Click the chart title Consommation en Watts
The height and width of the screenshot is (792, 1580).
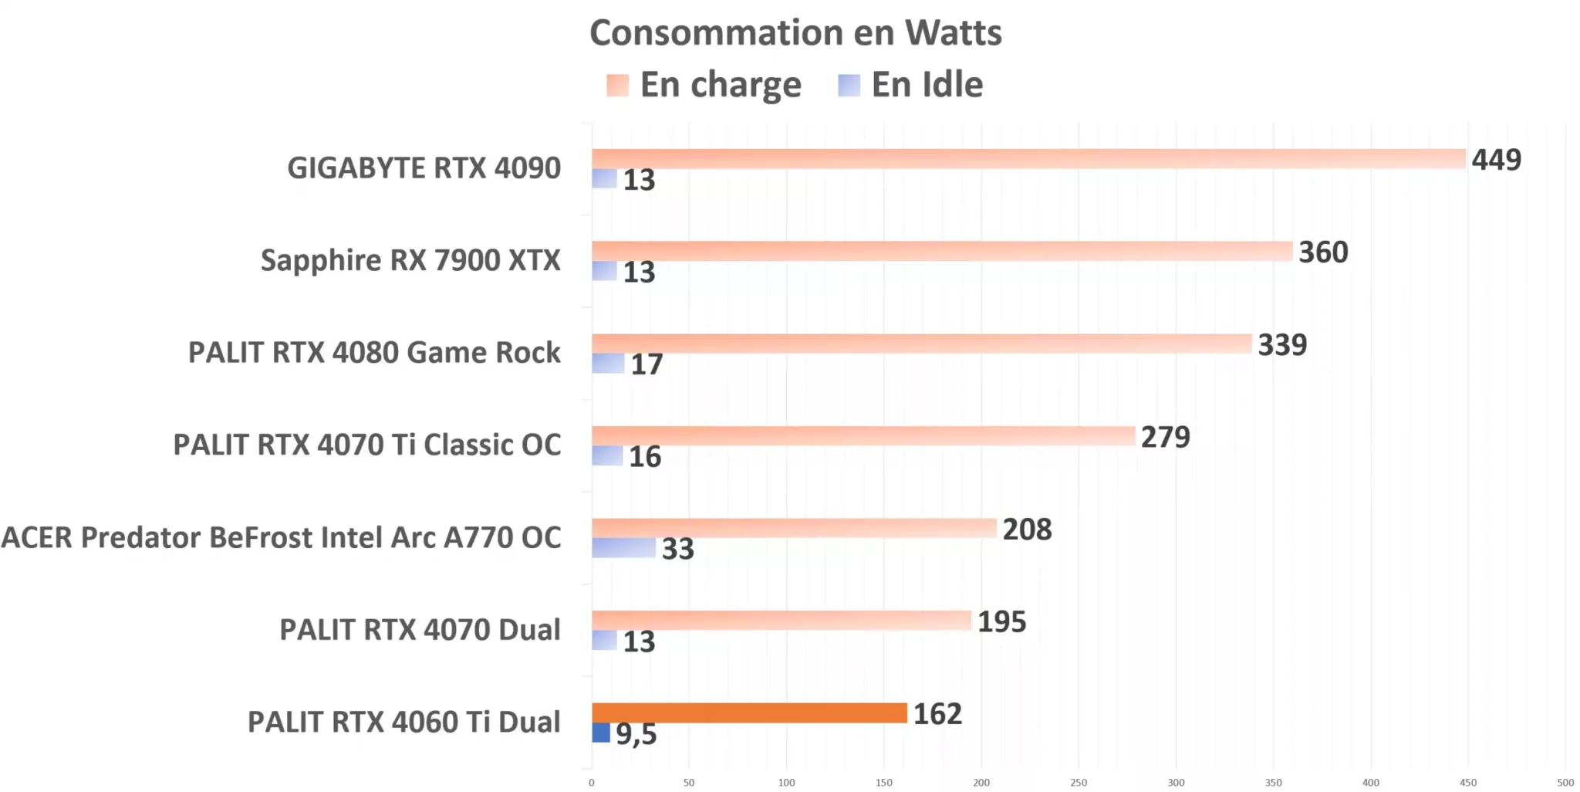795,33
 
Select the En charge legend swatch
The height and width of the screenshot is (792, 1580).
617,85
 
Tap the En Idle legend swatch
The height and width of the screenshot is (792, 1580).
849,85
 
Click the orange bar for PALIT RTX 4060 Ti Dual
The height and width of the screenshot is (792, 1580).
748,712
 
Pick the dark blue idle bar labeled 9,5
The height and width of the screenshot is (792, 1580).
601,733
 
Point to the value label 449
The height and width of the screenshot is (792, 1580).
1496,160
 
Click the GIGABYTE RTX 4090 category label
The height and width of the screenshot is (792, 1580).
424,168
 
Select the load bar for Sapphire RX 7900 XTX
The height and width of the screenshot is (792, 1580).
941,251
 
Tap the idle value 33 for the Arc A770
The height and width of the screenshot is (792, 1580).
677,549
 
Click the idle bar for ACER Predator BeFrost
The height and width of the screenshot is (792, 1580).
623,547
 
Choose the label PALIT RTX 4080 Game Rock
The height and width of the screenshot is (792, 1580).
374,353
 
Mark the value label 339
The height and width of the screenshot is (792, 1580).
1282,345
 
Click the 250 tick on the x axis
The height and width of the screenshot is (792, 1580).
1078,782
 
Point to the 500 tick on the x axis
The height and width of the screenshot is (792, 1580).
1565,782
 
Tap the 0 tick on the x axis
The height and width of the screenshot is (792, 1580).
592,782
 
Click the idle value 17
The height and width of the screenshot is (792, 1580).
647,364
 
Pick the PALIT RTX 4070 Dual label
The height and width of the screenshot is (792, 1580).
420,630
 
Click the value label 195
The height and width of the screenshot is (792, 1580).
1001,622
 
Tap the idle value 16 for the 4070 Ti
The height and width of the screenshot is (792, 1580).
644,457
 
